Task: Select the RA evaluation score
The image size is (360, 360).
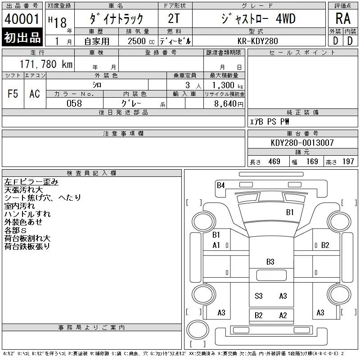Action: click(343, 19)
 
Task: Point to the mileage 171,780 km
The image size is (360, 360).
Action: click(45, 64)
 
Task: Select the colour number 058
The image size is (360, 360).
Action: click(74, 103)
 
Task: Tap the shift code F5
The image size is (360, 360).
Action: click(13, 94)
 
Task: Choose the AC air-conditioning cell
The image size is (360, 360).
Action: click(35, 94)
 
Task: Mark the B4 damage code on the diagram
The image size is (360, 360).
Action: click(220, 185)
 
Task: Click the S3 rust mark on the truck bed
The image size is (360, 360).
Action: click(259, 296)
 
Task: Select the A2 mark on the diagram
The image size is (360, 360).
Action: click(283, 315)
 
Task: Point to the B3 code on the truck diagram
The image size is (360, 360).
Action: click(270, 261)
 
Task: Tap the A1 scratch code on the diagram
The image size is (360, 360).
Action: click(216, 245)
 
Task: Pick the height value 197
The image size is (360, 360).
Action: click(347, 162)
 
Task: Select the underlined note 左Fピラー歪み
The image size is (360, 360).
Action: click(31, 182)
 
